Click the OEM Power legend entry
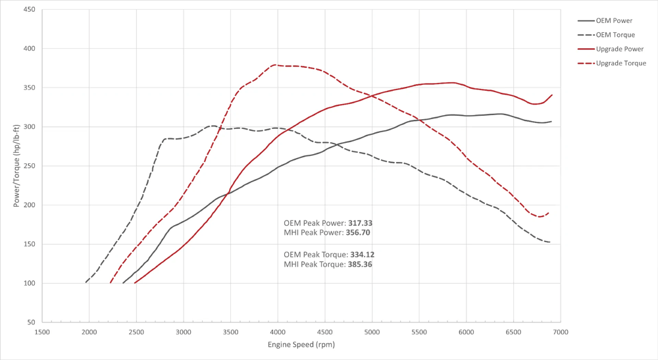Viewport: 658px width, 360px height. [614, 20]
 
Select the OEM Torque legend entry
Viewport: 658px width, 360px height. [615, 35]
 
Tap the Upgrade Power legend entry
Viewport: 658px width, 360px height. [619, 49]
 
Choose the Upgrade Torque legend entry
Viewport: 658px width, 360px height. [620, 63]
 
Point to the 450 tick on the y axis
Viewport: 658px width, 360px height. [30, 10]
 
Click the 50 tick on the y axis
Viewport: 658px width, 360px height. [32, 322]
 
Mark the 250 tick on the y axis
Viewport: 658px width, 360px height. [30, 166]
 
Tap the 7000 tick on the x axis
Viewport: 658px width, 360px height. [560, 332]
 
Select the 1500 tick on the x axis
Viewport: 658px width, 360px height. [41, 332]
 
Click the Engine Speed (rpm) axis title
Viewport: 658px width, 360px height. [301, 345]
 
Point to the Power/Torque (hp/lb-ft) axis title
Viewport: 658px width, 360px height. [16, 166]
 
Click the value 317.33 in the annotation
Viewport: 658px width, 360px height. [361, 223]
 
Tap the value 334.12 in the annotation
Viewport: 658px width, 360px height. [362, 254]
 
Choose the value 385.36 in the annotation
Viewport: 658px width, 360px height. [361, 264]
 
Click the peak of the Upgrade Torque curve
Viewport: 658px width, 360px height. [274, 65]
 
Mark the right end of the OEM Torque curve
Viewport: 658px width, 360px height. [550, 242]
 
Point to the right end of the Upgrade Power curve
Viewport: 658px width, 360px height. [552, 95]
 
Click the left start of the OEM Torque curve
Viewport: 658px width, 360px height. [86, 282]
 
